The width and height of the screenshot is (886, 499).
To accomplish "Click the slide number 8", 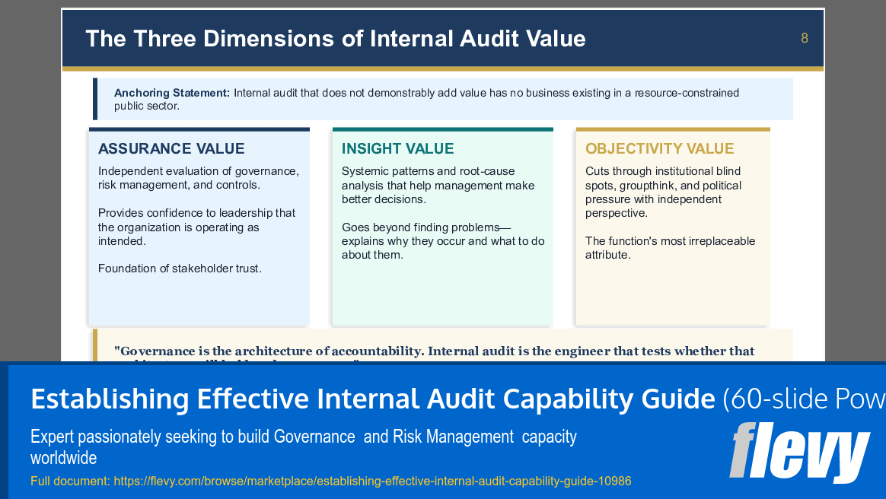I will [805, 38].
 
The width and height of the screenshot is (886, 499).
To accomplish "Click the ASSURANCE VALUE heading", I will [171, 148].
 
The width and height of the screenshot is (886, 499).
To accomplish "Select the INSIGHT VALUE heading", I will [397, 148].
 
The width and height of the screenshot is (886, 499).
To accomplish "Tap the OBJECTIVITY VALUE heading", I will [659, 148].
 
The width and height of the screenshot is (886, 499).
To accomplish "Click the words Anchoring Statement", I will [172, 93].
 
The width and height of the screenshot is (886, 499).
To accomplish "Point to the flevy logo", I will [798, 452].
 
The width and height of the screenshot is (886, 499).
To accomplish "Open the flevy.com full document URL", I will [372, 481].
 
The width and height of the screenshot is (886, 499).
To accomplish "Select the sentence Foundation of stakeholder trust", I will [180, 269].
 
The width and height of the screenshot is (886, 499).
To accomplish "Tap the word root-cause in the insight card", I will [487, 171].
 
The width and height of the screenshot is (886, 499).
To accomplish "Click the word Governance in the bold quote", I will [159, 351].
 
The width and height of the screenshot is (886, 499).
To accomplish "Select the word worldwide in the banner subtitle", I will [64, 458].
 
